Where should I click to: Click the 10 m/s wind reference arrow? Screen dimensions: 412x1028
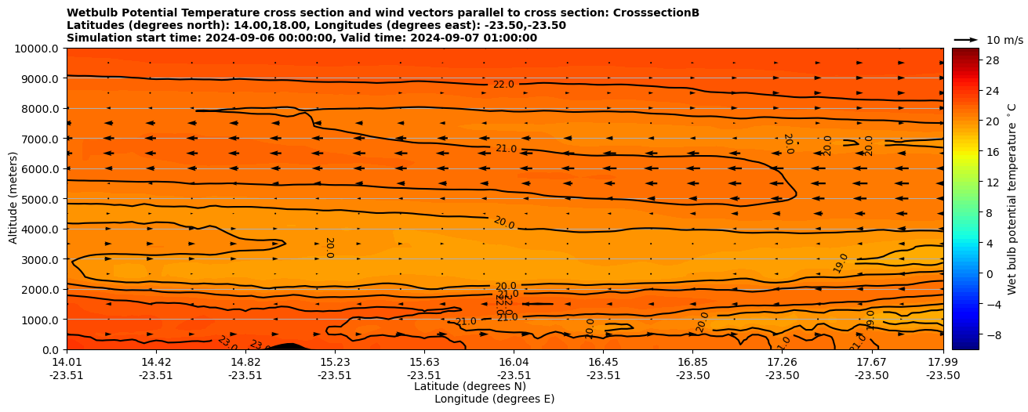[x=965, y=39]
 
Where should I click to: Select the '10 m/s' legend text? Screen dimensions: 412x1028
[x=1004, y=40]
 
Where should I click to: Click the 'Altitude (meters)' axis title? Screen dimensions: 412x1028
[x=13, y=199]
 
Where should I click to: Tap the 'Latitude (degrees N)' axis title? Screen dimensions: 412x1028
[x=470, y=386]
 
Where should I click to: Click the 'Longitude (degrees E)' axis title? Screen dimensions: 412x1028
[x=494, y=399]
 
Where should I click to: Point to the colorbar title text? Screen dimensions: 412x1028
[x=1012, y=199]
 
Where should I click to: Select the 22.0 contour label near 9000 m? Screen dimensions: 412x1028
[x=503, y=85]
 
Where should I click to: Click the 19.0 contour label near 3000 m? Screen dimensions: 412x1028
[x=841, y=262]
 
